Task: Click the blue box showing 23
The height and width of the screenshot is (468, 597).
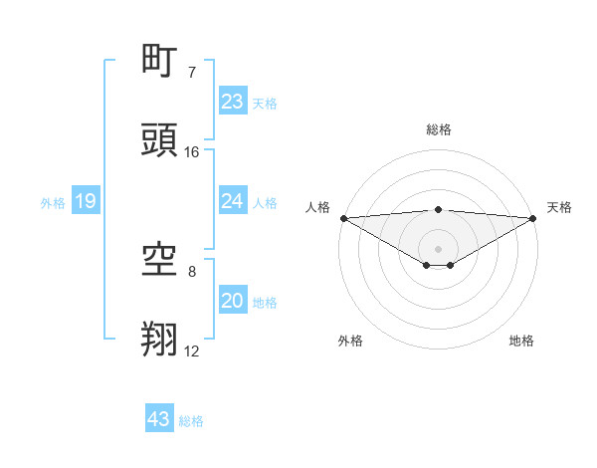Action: pos(232,102)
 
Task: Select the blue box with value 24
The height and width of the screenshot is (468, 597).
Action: pos(232,201)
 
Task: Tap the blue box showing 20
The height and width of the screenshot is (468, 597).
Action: pos(232,301)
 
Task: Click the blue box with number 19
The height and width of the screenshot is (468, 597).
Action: pos(86,202)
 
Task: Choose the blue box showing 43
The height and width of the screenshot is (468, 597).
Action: pos(159,419)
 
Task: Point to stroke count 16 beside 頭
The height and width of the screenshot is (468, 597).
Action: pos(192,152)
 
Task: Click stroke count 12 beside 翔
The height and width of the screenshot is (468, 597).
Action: pos(192,351)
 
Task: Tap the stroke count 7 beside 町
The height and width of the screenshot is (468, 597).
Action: pos(192,73)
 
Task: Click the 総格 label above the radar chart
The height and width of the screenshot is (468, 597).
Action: pos(439,129)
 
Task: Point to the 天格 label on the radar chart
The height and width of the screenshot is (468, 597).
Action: pos(559,207)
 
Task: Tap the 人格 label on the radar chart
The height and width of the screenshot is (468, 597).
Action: pos(317,207)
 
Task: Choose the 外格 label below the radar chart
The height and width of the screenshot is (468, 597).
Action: pos(350,341)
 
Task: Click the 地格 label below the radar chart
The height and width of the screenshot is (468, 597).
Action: pos(521,341)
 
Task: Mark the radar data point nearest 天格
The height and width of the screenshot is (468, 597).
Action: pos(533,218)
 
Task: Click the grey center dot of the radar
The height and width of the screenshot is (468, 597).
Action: pos(439,249)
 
